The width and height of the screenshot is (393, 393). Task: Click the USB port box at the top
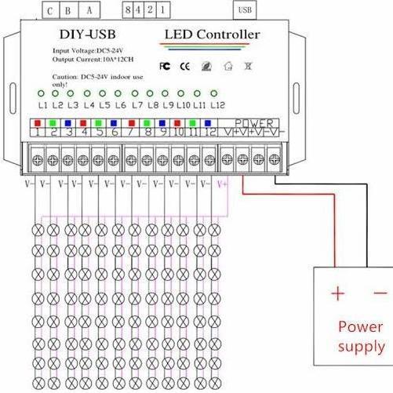coord(244,10)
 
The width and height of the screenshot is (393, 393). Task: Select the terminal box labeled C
coord(50,11)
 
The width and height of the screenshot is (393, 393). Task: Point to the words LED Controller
coord(212,35)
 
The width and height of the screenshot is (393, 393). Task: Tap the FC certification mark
coord(165,65)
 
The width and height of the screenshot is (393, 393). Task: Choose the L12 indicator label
coord(218,105)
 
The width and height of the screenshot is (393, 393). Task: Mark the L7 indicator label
coord(137,105)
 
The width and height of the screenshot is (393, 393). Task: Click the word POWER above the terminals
coord(254,123)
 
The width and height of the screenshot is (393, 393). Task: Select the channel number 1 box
coord(37,133)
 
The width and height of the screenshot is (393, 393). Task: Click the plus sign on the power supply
coord(337,293)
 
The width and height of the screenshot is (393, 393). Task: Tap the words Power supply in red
coord(361,337)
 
